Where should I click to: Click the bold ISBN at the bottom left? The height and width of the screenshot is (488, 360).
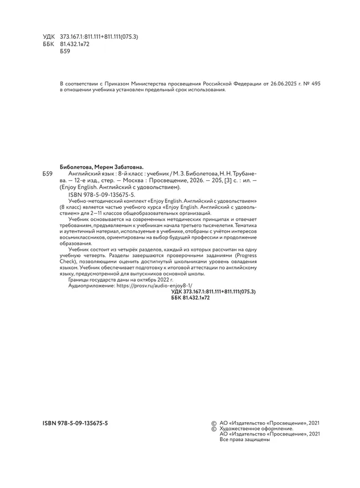75,423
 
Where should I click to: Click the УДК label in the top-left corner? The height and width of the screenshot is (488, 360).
49,37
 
